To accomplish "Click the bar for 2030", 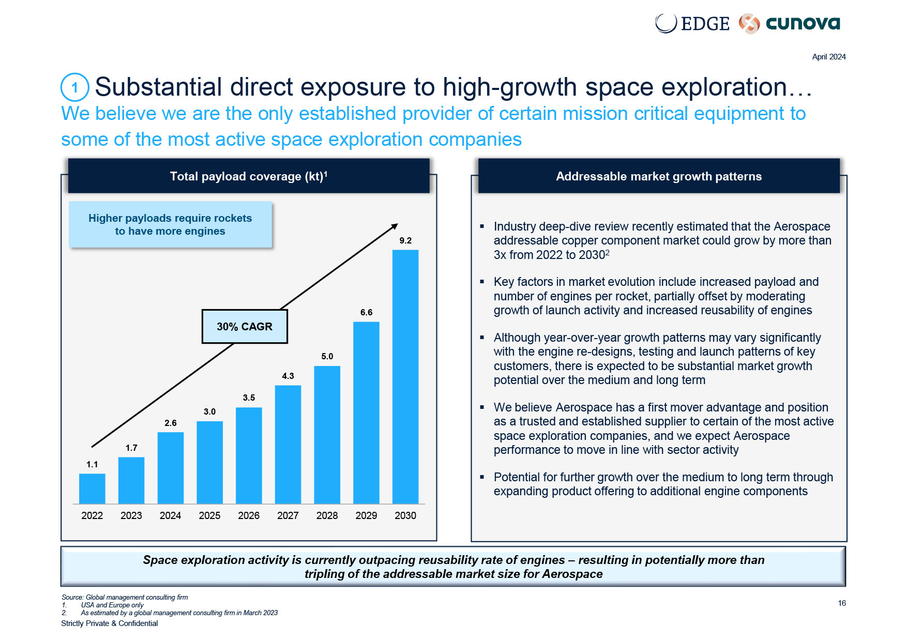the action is [405, 377].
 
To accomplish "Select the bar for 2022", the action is [92, 489].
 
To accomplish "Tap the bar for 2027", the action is [288, 445].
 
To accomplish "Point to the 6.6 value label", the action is [366, 312].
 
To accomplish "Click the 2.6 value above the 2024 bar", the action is [171, 423].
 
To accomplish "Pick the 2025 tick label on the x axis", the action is [209, 515].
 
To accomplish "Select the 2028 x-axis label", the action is [327, 515].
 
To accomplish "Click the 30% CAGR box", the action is [245, 327].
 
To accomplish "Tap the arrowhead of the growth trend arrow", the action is [395, 226].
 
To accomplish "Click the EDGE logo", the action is [692, 23].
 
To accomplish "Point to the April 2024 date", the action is [828, 57].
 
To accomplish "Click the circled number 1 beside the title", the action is [75, 87].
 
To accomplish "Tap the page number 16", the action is [842, 603].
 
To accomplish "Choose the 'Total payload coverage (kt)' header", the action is [249, 176].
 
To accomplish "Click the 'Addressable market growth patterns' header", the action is [659, 176].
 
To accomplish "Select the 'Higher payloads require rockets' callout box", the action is [170, 224].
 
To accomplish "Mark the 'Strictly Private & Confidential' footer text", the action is [110, 623].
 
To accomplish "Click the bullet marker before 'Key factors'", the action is [482, 282].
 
